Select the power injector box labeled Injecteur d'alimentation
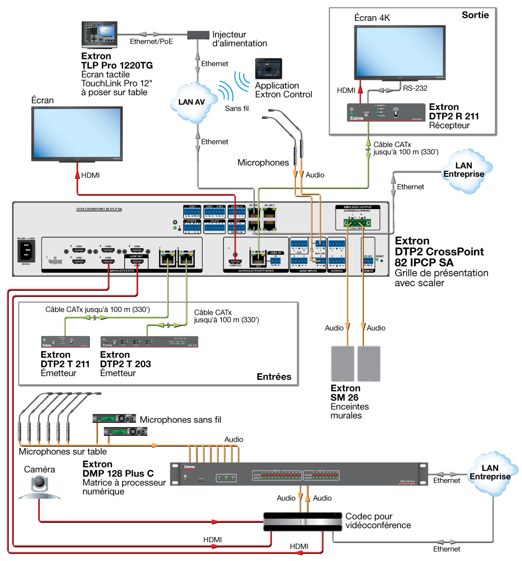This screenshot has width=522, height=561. (x=198, y=35)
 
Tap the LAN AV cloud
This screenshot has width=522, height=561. (x=192, y=102)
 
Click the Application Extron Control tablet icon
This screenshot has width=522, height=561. (x=268, y=68)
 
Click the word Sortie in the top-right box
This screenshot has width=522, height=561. (x=475, y=15)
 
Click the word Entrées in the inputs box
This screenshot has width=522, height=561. (x=274, y=376)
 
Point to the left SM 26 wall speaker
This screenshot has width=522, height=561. (x=342, y=363)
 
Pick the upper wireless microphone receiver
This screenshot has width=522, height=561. (x=114, y=418)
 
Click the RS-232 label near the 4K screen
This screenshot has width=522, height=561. (x=414, y=88)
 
